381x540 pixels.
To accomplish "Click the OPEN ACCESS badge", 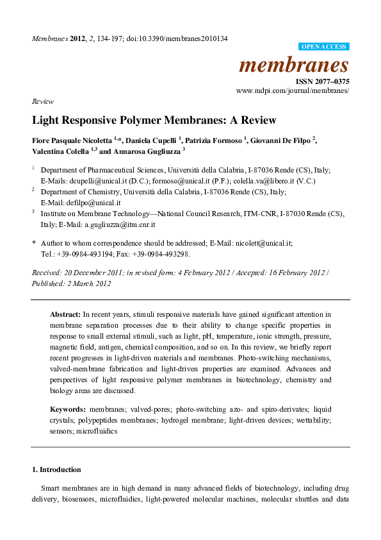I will click(324, 47).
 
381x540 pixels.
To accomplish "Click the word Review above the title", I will click(42, 101).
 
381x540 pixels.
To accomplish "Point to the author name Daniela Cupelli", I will click(150, 140).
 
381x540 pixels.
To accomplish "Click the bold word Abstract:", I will click(65, 314).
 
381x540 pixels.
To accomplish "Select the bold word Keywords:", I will click(69, 409).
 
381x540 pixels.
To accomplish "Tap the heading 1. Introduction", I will click(56, 469).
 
